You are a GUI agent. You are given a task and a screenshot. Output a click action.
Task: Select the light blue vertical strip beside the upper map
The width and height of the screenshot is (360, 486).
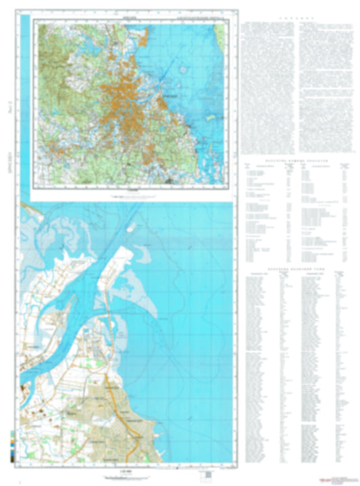tap(26, 108)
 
